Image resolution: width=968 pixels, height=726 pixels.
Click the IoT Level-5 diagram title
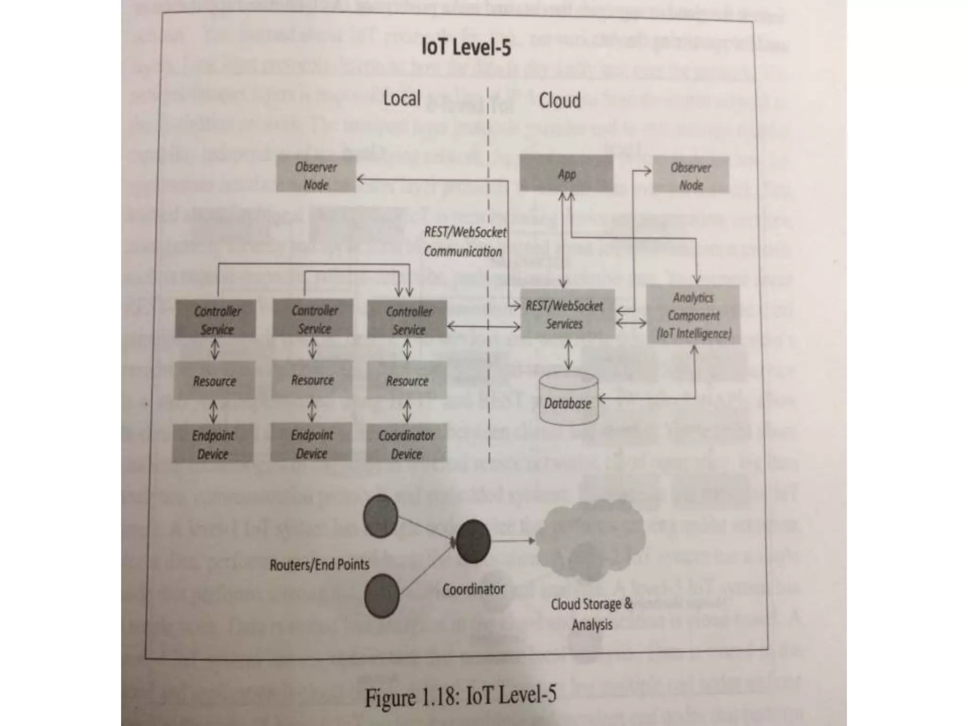coord(466,48)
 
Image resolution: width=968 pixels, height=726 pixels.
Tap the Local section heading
coord(401,99)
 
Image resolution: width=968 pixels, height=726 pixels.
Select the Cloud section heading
coord(559,101)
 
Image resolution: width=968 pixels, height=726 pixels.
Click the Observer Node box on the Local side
coord(316,175)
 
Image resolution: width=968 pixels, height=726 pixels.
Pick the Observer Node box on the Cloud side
coord(691,175)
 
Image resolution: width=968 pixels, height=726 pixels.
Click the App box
coord(566,174)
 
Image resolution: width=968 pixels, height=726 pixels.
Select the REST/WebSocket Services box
coord(567,314)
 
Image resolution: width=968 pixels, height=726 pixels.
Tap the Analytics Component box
coord(693,315)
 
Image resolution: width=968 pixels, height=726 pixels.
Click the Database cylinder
coord(569,399)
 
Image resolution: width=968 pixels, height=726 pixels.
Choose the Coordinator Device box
coord(406,444)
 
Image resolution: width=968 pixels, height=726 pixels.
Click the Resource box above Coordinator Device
coord(406,380)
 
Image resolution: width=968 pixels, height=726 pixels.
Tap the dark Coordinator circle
coord(472,541)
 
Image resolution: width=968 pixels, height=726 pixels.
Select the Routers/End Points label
coord(319,564)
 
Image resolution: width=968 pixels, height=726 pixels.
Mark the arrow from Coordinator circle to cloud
coord(513,540)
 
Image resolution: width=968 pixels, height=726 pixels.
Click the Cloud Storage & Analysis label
coord(591,614)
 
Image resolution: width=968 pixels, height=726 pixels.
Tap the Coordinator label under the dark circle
coord(473,589)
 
